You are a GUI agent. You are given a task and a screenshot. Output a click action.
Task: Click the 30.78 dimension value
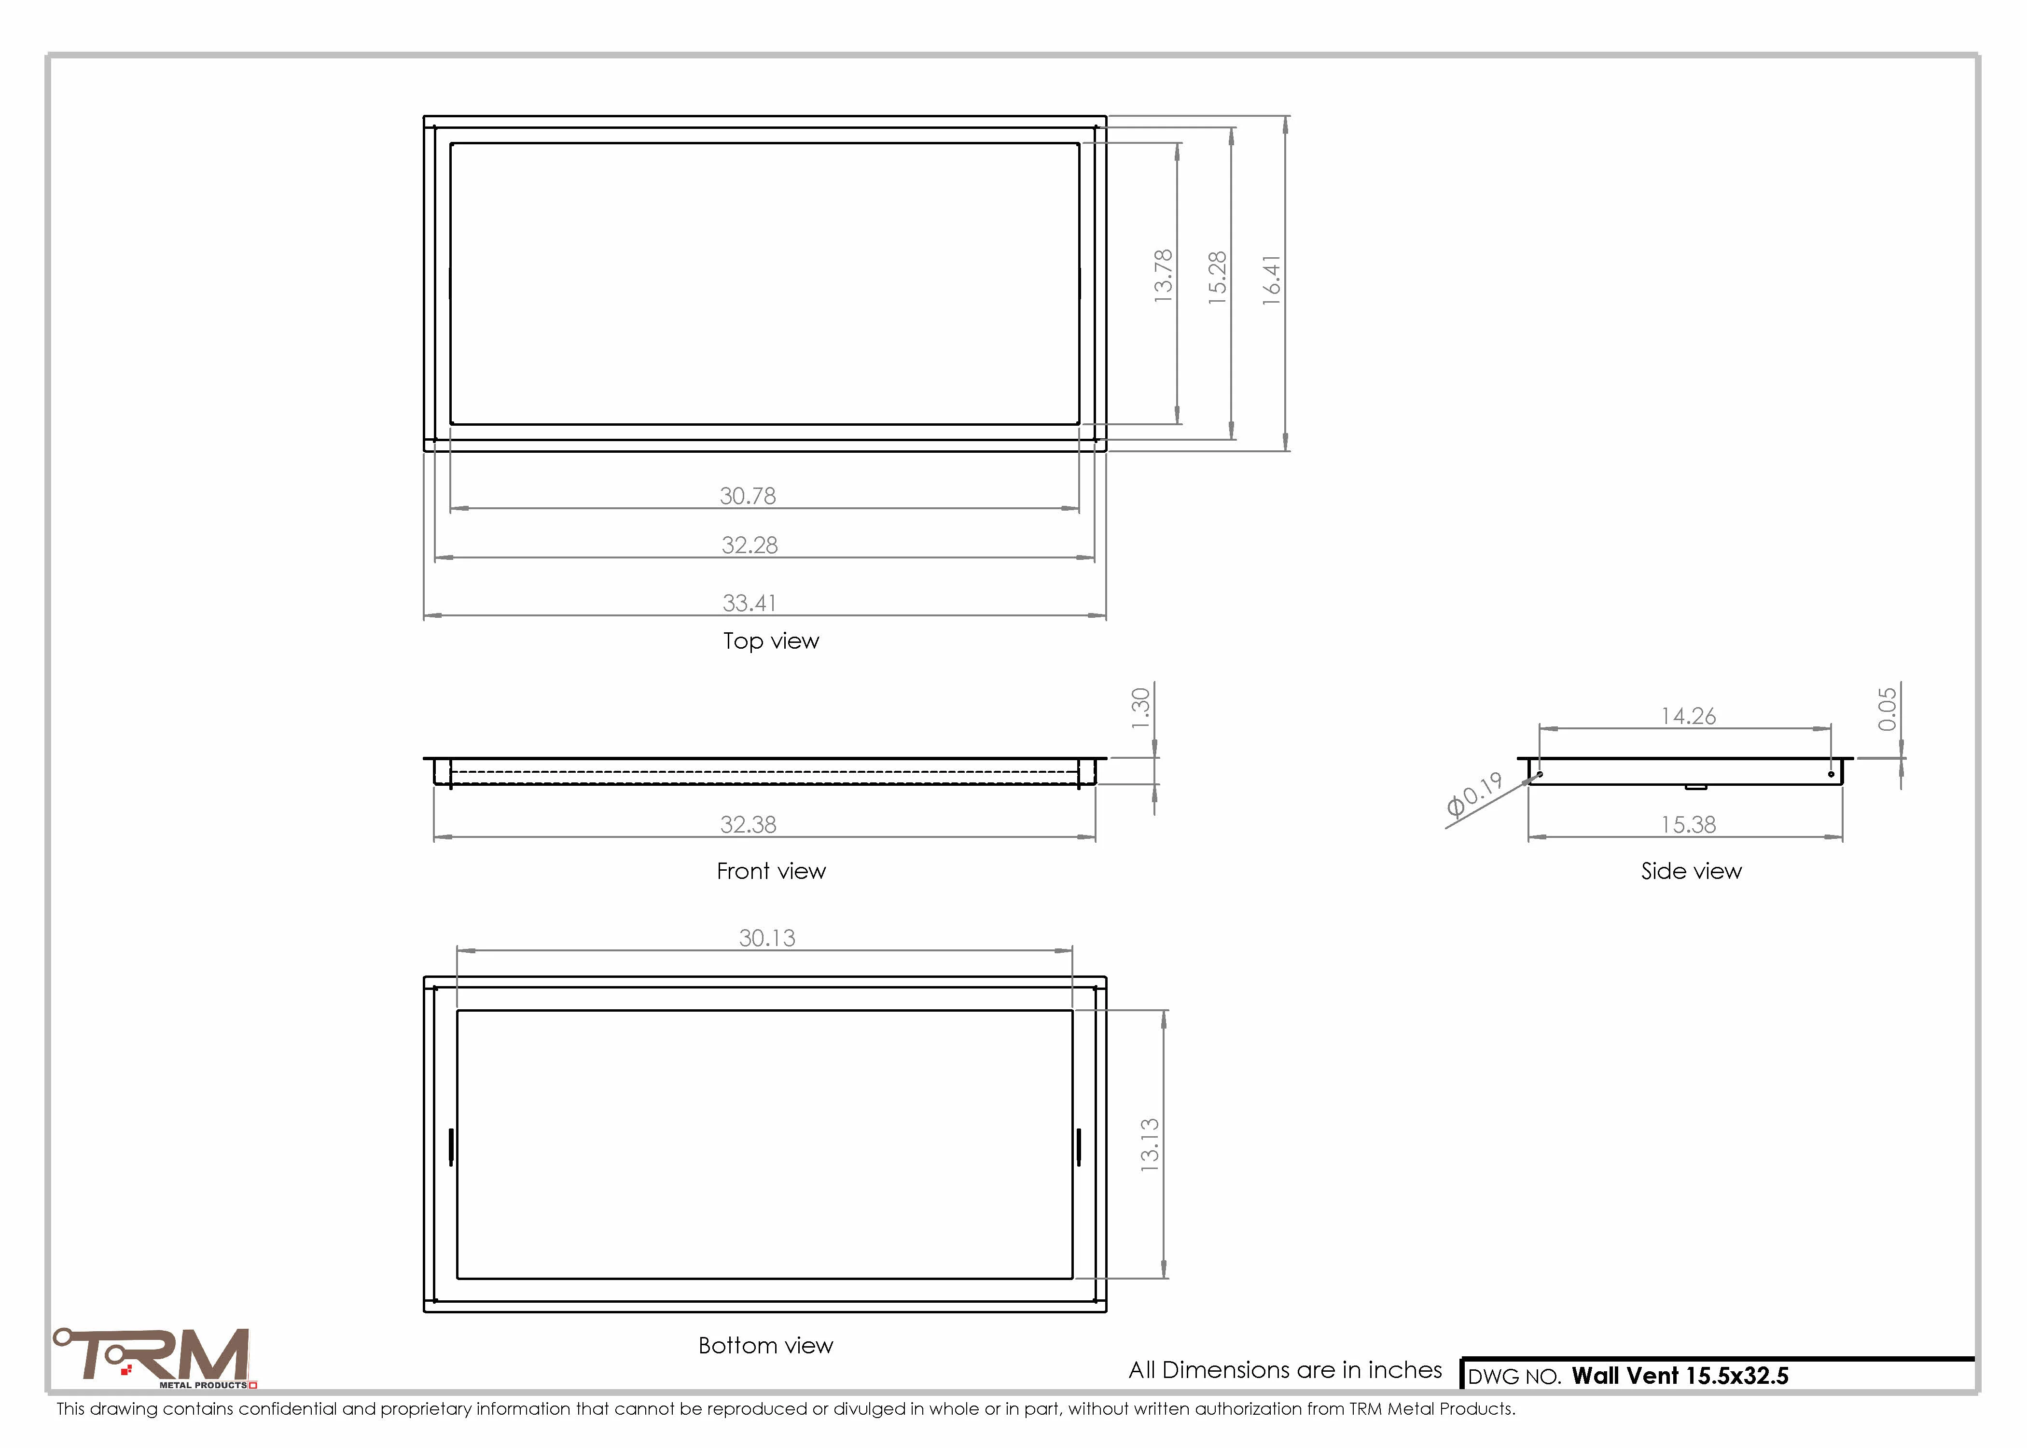[x=748, y=496]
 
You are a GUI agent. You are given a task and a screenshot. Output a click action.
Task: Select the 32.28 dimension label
[x=750, y=545]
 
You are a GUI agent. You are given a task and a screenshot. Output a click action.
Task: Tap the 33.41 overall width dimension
[x=750, y=603]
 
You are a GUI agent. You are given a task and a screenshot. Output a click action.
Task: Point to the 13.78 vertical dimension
[x=1163, y=277]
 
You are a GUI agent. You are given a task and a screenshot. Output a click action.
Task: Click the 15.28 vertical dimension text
[x=1218, y=278]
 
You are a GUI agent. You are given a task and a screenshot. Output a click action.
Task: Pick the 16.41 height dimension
[x=1272, y=280]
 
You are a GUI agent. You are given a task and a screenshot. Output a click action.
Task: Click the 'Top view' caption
[x=771, y=641]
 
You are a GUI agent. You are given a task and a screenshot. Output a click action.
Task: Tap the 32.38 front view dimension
[x=749, y=825]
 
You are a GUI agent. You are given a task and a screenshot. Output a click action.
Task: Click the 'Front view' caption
[x=771, y=871]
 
